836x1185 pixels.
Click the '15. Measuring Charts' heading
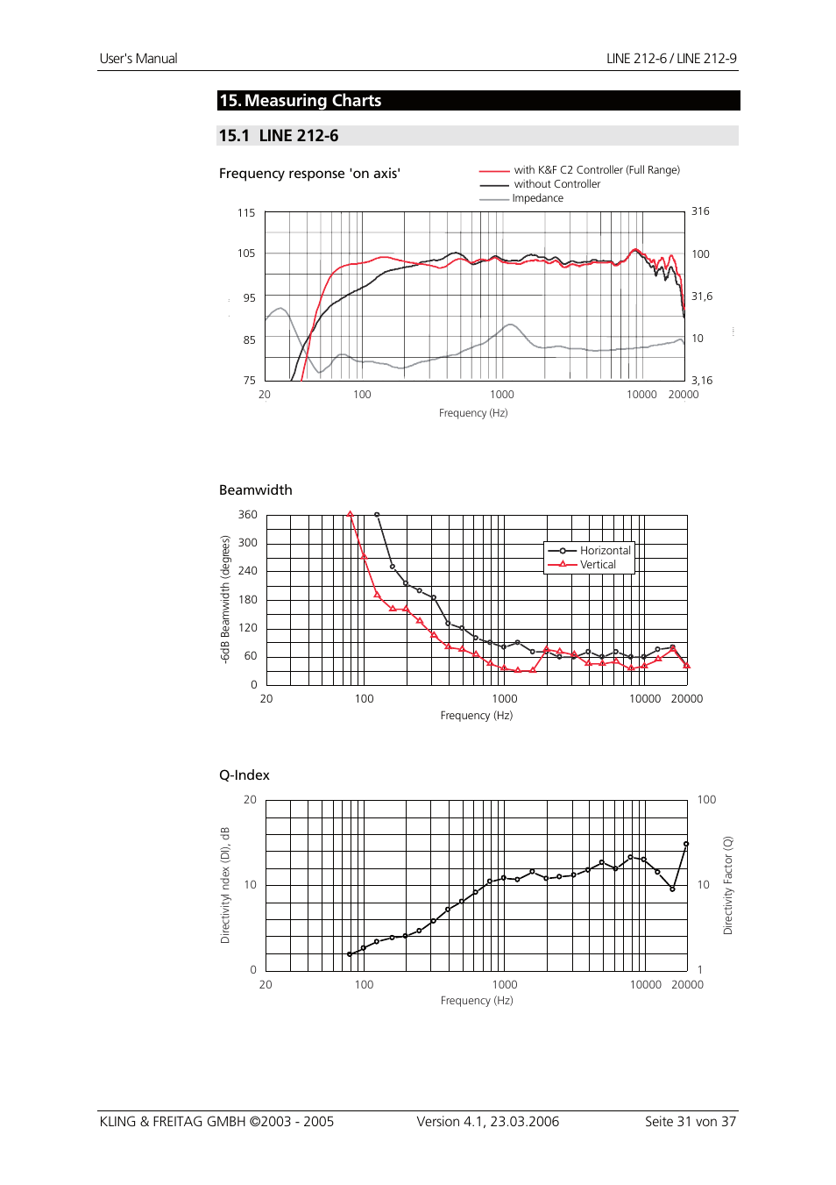[x=301, y=101]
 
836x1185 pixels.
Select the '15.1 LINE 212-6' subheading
[x=279, y=136]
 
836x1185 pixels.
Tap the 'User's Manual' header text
[x=138, y=59]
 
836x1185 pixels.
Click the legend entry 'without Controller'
[x=556, y=184]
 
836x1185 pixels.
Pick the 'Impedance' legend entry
[x=537, y=198]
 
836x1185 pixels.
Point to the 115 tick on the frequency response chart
[x=246, y=213]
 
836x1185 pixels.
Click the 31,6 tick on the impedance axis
[x=702, y=296]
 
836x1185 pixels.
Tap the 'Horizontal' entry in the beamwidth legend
[x=605, y=551]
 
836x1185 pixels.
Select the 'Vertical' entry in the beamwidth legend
[x=598, y=565]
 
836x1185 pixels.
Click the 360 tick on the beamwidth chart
[x=248, y=515]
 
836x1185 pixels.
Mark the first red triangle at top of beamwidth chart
[x=351, y=515]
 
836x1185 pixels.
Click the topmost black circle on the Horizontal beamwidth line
[x=377, y=515]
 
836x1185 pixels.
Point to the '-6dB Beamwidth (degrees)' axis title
[x=225, y=599]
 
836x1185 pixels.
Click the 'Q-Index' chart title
[x=244, y=775]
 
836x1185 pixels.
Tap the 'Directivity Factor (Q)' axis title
[x=727, y=885]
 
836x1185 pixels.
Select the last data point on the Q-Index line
[x=686, y=844]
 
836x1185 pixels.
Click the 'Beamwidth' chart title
[x=256, y=490]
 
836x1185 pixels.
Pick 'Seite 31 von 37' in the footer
[x=691, y=1122]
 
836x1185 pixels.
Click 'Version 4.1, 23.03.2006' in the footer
[x=487, y=1122]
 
